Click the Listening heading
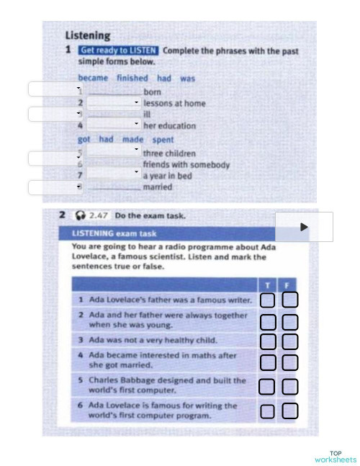click(x=88, y=35)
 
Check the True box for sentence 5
click(x=267, y=386)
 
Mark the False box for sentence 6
click(x=290, y=411)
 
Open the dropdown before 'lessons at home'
click(x=114, y=103)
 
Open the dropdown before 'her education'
click(x=114, y=125)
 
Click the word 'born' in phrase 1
click(x=152, y=92)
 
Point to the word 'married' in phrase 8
click(x=157, y=187)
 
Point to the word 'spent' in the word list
click(x=163, y=140)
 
